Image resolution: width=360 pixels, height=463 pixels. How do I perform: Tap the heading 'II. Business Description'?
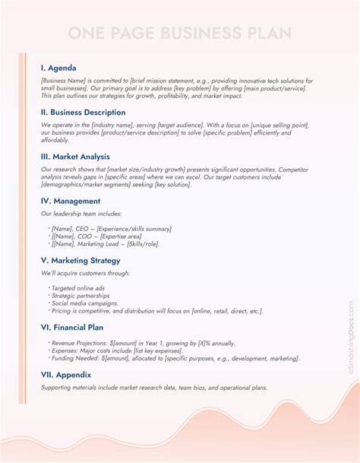[83, 112]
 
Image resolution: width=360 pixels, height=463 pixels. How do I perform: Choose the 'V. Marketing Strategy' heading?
[81, 259]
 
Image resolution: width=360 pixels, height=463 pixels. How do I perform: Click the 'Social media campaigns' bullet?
[84, 303]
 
